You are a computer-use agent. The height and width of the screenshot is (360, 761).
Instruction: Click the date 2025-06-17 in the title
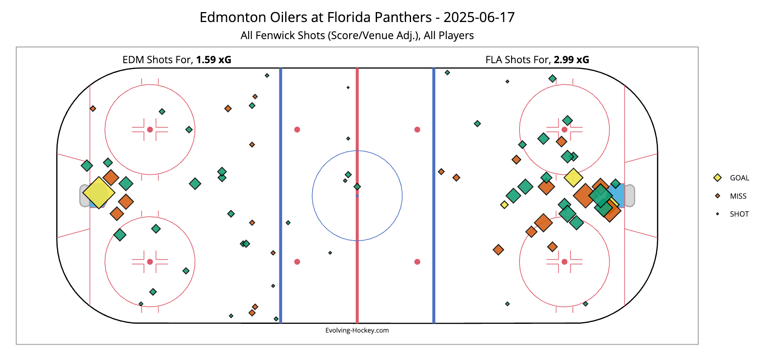(479, 17)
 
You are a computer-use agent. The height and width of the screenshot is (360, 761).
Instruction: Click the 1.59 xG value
(214, 60)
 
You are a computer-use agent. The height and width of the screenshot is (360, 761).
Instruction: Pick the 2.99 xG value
(571, 60)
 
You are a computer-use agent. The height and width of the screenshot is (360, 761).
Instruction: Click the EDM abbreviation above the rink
(131, 60)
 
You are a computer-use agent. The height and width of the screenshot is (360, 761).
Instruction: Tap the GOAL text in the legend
(739, 178)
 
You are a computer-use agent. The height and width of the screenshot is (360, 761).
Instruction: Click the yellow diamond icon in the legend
(717, 178)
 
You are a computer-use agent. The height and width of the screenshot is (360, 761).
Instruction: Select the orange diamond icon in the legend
(717, 196)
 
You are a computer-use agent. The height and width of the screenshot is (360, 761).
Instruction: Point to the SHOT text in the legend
(739, 214)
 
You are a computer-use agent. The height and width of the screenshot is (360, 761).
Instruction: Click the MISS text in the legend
(738, 196)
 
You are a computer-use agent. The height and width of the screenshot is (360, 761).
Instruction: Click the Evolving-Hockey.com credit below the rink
(357, 330)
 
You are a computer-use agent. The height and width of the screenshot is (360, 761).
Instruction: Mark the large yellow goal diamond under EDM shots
(99, 192)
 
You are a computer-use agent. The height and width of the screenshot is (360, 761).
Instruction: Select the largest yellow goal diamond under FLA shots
(573, 178)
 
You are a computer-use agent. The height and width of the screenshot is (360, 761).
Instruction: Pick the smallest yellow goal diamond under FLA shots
(504, 205)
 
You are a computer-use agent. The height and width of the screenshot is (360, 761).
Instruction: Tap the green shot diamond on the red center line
(357, 187)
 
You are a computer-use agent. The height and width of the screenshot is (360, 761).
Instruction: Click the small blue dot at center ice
(357, 195)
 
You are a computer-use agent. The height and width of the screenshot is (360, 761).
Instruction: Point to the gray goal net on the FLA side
(629, 195)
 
